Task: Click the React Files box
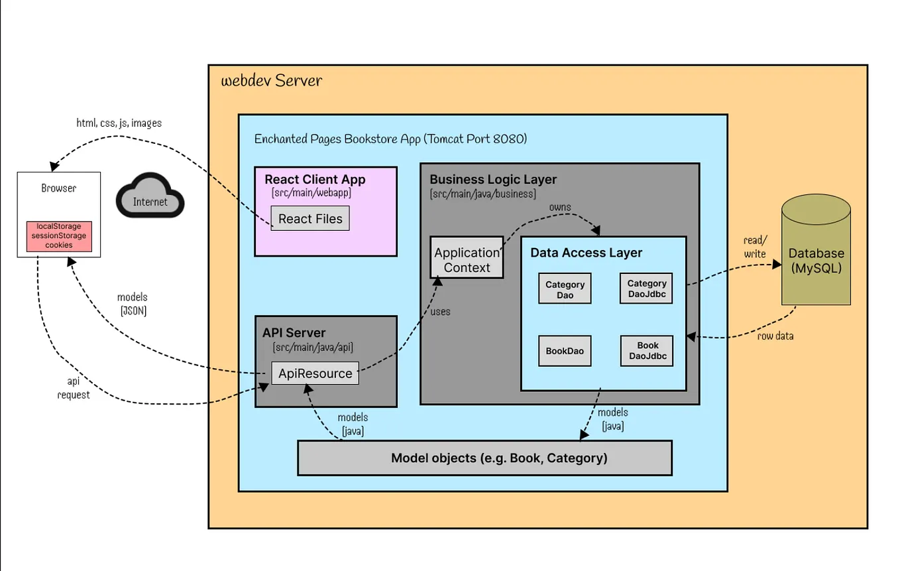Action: pos(310,218)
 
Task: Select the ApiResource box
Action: pos(315,373)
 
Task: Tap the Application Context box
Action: pos(467,257)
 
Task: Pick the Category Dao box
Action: pos(565,288)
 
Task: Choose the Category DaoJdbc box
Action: pos(646,288)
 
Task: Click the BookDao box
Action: pos(565,351)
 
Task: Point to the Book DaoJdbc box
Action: pos(647,351)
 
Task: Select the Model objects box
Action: pos(484,458)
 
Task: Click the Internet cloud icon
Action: pos(150,196)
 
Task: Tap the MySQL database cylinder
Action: pos(816,249)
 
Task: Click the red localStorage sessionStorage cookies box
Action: pos(59,237)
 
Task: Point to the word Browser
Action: pos(59,188)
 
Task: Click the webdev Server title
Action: pos(272,80)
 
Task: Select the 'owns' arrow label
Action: pos(560,207)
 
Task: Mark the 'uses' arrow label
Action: pos(440,312)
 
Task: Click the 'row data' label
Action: pos(775,336)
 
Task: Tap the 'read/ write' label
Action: pos(756,247)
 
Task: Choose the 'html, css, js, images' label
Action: pos(119,123)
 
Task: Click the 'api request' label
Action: pos(73,388)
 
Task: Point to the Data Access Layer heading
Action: pos(587,253)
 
